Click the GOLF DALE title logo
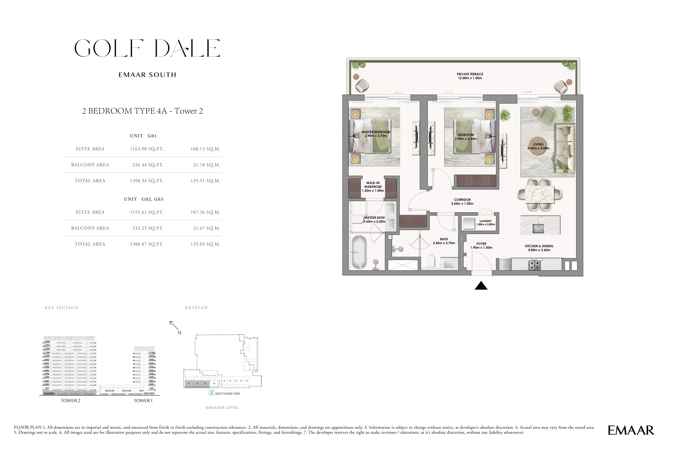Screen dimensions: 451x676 pyautogui.click(x=147, y=48)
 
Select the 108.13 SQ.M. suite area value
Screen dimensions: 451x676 pyautogui.click(x=205, y=149)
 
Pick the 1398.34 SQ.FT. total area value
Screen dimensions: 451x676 pyautogui.click(x=146, y=181)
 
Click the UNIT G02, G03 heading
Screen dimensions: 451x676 pyautogui.click(x=144, y=199)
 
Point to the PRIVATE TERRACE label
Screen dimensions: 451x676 pyautogui.click(x=470, y=76)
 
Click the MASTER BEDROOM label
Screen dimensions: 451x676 pyautogui.click(x=376, y=134)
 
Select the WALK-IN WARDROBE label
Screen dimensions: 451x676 pyautogui.click(x=373, y=187)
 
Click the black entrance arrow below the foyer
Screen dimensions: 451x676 pyautogui.click(x=481, y=286)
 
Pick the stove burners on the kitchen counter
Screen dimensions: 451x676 pyautogui.click(x=535, y=265)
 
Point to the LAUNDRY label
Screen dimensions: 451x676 pyautogui.click(x=485, y=223)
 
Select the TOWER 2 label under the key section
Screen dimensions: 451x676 pyautogui.click(x=71, y=401)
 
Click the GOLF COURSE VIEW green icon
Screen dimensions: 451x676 pyautogui.click(x=212, y=392)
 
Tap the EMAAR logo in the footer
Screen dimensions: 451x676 pyautogui.click(x=631, y=430)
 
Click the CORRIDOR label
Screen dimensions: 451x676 pyautogui.click(x=462, y=201)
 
